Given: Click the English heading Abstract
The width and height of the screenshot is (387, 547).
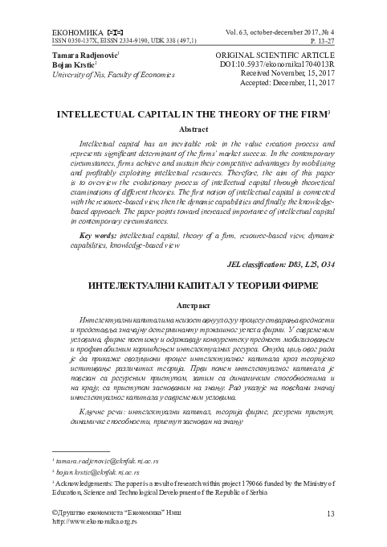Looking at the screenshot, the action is point(193,129).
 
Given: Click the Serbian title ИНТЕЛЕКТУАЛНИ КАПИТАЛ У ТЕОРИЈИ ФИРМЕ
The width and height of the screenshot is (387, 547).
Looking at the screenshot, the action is point(193,263).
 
